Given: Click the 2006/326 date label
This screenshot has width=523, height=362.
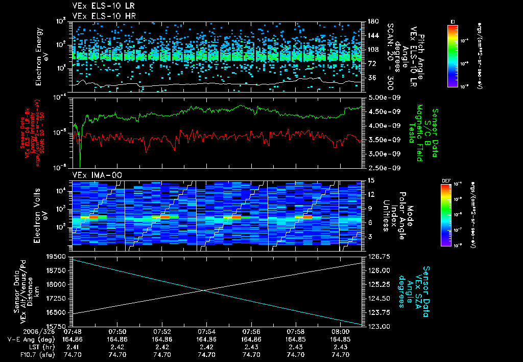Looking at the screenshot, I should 20,331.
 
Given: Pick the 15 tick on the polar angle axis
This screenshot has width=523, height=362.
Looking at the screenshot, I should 367,180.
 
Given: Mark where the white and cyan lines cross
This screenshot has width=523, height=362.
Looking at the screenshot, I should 204,290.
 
